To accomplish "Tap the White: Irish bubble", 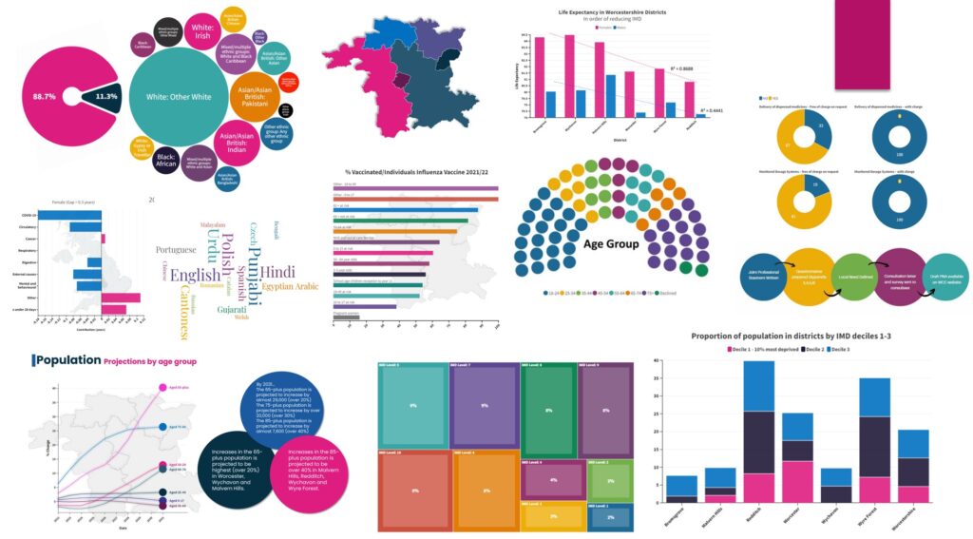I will pyautogui.click(x=202, y=31).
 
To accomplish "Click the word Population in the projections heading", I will pyautogui.click(x=67, y=360).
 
